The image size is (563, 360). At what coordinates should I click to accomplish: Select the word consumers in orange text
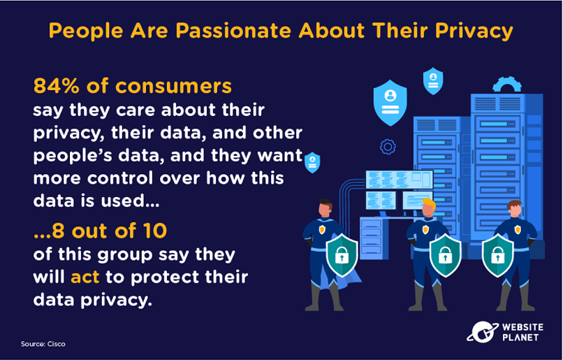click(173, 87)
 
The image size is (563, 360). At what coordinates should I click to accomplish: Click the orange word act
click(85, 277)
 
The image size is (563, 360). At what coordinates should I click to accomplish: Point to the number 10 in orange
click(155, 231)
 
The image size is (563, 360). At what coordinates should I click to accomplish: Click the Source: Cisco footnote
click(43, 344)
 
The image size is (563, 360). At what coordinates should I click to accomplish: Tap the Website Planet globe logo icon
click(482, 331)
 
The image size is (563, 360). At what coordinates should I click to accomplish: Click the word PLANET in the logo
click(520, 338)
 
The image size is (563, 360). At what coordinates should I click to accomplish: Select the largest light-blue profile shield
click(390, 103)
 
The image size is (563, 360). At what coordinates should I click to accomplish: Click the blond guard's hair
click(429, 204)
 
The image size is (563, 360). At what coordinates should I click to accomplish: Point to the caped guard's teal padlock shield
click(342, 255)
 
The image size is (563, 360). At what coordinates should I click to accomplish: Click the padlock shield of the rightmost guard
click(497, 255)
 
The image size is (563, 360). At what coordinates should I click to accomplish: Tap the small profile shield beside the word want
click(312, 162)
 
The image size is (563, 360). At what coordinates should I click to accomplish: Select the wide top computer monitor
click(400, 179)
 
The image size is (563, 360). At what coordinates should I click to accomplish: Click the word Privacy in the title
click(474, 31)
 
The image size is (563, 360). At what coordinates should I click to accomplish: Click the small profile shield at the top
click(433, 81)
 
